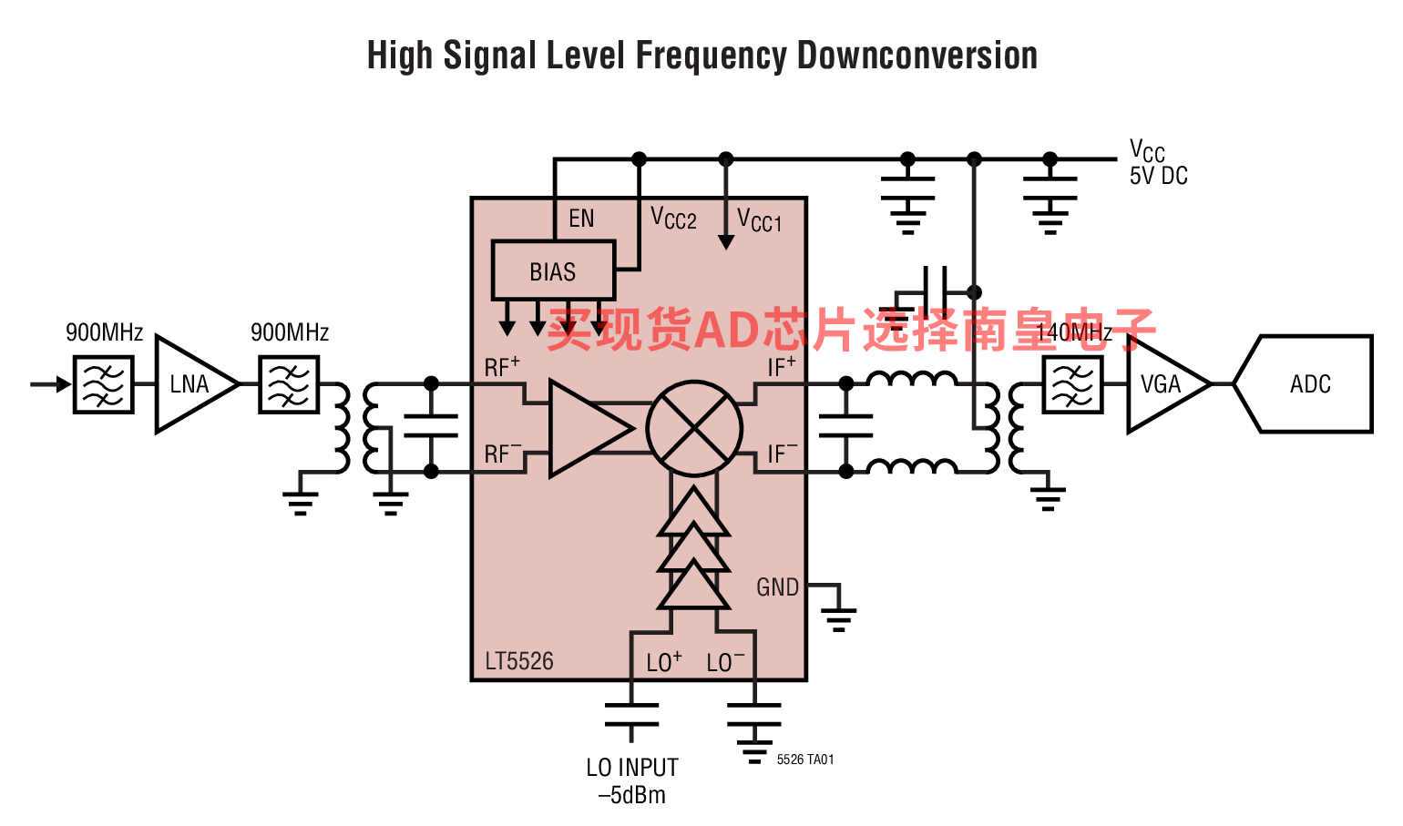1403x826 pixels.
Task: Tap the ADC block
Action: tap(1304, 384)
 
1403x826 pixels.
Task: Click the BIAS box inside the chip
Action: tap(554, 270)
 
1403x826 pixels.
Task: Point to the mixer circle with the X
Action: tap(694, 428)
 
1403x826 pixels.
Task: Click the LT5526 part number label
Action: tap(519, 661)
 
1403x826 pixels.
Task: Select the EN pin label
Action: tap(581, 219)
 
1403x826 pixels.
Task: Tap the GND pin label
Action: tap(777, 587)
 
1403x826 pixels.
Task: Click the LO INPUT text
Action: tap(632, 767)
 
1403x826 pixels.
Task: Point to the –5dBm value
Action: tap(632, 795)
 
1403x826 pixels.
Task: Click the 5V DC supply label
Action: tap(1158, 176)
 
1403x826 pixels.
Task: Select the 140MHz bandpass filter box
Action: tap(1072, 384)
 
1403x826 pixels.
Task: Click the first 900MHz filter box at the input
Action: tap(103, 384)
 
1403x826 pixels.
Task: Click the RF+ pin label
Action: tap(502, 366)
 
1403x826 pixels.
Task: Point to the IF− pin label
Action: tap(783, 453)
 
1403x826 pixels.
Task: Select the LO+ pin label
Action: tap(664, 662)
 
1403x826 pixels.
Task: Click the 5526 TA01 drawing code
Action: tap(805, 760)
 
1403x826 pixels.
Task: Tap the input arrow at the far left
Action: tap(51, 384)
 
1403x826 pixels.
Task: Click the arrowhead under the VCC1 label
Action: tap(726, 242)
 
